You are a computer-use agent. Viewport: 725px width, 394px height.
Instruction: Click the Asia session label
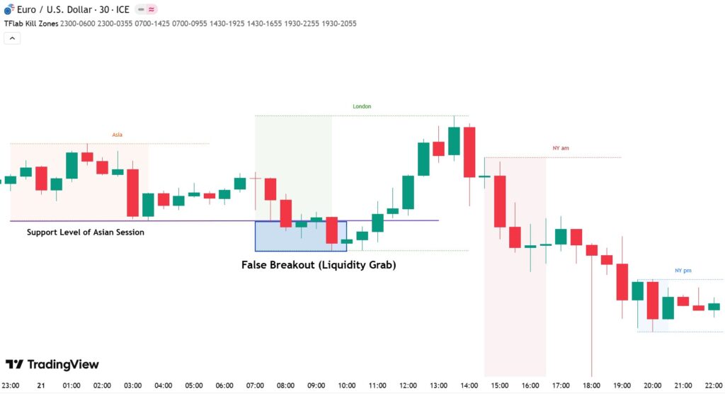click(118, 134)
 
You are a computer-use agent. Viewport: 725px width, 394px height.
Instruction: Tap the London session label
click(362, 106)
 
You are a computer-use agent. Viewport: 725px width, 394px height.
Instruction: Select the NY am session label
click(561, 148)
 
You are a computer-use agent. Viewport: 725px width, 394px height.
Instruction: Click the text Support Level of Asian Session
click(86, 232)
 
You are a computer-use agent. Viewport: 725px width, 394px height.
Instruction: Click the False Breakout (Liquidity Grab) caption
click(319, 265)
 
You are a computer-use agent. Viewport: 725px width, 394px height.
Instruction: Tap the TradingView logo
click(52, 364)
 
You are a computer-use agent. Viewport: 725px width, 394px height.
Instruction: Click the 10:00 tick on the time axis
click(347, 385)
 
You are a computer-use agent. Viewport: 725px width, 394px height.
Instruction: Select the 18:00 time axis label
click(591, 385)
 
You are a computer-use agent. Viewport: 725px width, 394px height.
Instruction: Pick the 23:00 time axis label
click(11, 385)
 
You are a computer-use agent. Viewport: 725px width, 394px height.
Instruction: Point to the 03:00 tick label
click(133, 385)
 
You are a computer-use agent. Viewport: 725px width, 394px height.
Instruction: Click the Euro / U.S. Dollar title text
click(68, 9)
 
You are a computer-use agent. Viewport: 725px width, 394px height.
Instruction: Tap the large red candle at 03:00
click(133, 192)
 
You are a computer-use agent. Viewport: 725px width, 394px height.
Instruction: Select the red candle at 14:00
click(469, 152)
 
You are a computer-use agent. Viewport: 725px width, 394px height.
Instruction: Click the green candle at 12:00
click(409, 192)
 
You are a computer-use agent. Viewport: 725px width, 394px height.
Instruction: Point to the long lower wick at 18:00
click(591, 326)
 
